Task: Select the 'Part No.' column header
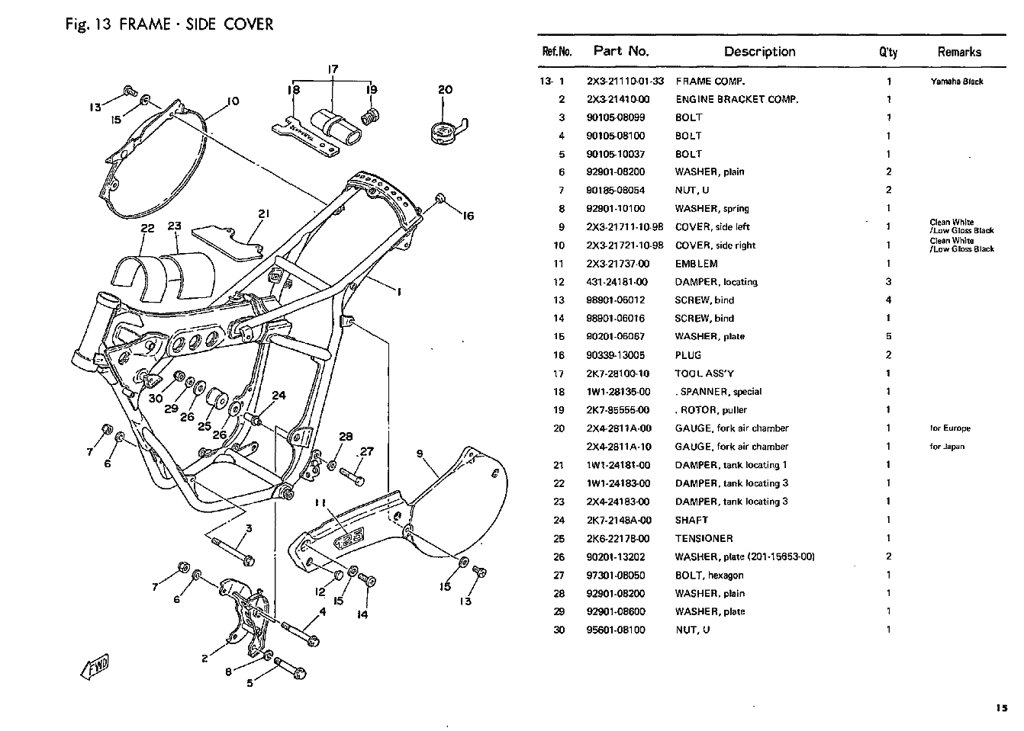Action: click(x=620, y=51)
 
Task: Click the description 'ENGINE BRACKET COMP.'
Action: click(x=736, y=99)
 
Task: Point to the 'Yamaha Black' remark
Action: click(x=957, y=82)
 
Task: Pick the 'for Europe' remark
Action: click(x=950, y=428)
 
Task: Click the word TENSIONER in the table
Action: click(x=704, y=538)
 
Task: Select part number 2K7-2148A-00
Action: click(x=619, y=520)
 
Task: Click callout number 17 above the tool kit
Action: click(x=333, y=69)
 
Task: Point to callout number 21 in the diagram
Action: click(x=264, y=213)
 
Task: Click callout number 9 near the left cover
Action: click(x=420, y=454)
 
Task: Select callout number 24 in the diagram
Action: click(x=279, y=395)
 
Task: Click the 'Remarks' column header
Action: click(x=959, y=52)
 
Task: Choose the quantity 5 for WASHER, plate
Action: click(x=888, y=336)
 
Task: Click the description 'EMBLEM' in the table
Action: click(x=696, y=264)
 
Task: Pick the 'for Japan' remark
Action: click(x=947, y=447)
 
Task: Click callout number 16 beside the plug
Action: click(x=468, y=216)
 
